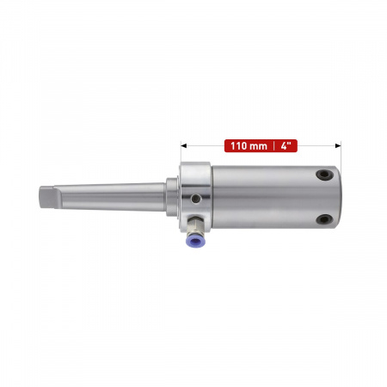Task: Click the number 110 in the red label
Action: click(238, 146)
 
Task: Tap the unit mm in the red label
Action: click(258, 147)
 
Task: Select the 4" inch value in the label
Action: click(286, 145)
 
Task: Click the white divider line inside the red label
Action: click(273, 146)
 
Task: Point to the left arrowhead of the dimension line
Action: click(184, 146)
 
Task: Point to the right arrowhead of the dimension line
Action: click(338, 146)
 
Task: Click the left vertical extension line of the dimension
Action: click(181, 152)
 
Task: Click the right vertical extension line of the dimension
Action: click(341, 154)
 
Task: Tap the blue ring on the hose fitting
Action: click(195, 241)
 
